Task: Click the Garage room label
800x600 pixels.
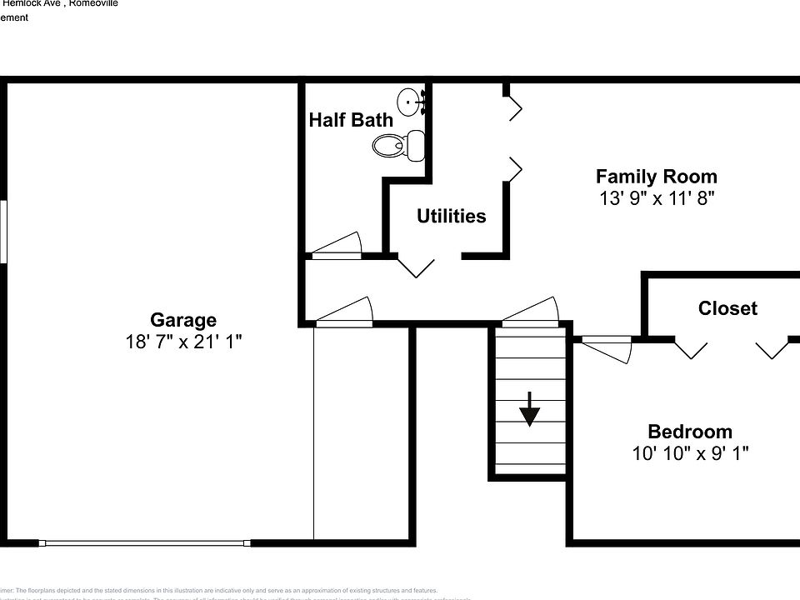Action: (183, 320)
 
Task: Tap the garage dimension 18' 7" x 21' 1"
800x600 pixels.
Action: (183, 342)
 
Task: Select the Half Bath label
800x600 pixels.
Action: (351, 120)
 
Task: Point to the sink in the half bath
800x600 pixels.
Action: (410, 102)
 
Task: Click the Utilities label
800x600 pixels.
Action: (451, 217)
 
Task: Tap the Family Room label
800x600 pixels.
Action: (656, 177)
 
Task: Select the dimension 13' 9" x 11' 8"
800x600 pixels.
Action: (657, 198)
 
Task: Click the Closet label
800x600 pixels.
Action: (727, 309)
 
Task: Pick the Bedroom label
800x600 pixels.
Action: (690, 432)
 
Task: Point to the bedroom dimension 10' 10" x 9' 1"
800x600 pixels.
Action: (690, 453)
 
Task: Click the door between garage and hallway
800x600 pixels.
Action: (344, 311)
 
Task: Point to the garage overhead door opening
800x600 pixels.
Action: (146, 543)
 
